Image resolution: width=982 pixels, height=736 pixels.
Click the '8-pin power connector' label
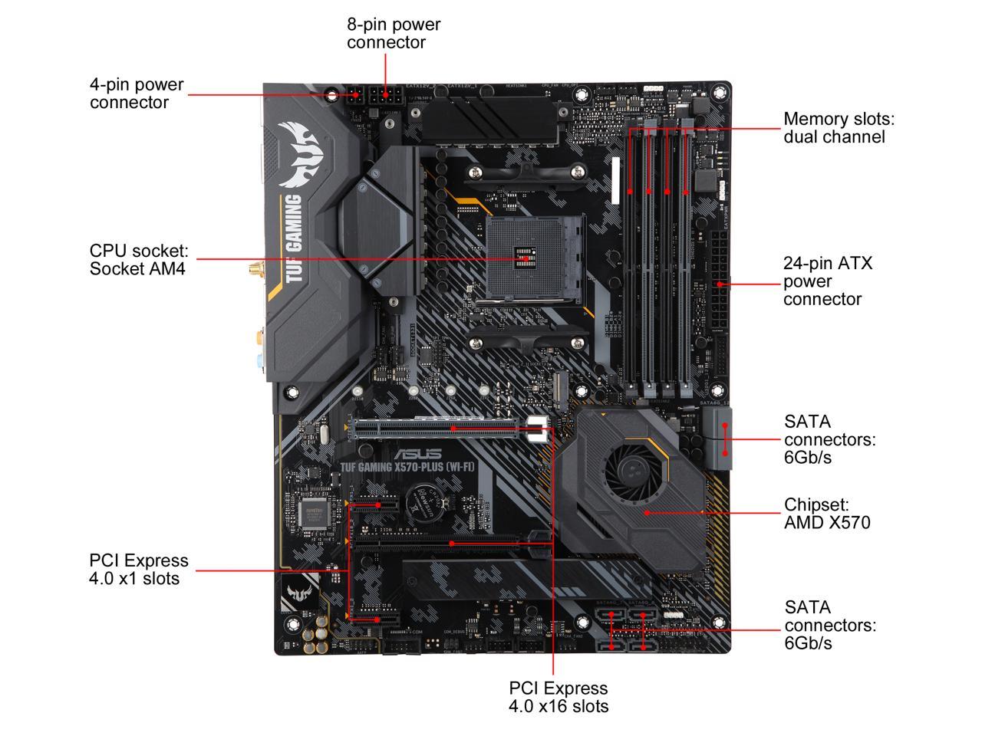click(x=394, y=33)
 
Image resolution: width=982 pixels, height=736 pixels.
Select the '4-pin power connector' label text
click(x=137, y=94)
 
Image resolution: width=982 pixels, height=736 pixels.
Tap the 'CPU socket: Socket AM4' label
click(x=138, y=259)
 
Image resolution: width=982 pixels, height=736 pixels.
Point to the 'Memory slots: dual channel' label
click(x=839, y=128)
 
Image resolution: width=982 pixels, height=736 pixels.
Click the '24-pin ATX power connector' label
click(x=827, y=281)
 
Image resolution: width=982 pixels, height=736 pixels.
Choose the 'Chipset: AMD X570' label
click(x=827, y=514)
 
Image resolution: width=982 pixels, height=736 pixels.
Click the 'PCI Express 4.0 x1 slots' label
click(x=138, y=570)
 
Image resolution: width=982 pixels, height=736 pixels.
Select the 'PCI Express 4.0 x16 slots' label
click(x=559, y=697)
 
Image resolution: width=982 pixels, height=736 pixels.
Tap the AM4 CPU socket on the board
click(x=526, y=259)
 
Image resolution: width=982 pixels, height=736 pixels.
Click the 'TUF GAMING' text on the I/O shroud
click(x=293, y=238)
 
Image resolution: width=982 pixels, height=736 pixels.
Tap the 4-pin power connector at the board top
click(x=354, y=99)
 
